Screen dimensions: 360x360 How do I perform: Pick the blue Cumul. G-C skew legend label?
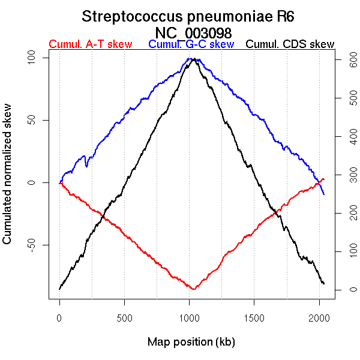pyautogui.click(x=191, y=44)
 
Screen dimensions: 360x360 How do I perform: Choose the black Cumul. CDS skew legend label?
pyautogui.click(x=290, y=44)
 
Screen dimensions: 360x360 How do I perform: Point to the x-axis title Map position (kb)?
pyautogui.click(x=191, y=342)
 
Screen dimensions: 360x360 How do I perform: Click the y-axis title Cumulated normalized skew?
pyautogui.click(x=8, y=181)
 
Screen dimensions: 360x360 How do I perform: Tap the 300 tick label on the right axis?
pyautogui.click(x=349, y=175)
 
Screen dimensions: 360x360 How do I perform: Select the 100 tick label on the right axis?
pyautogui.click(x=349, y=251)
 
